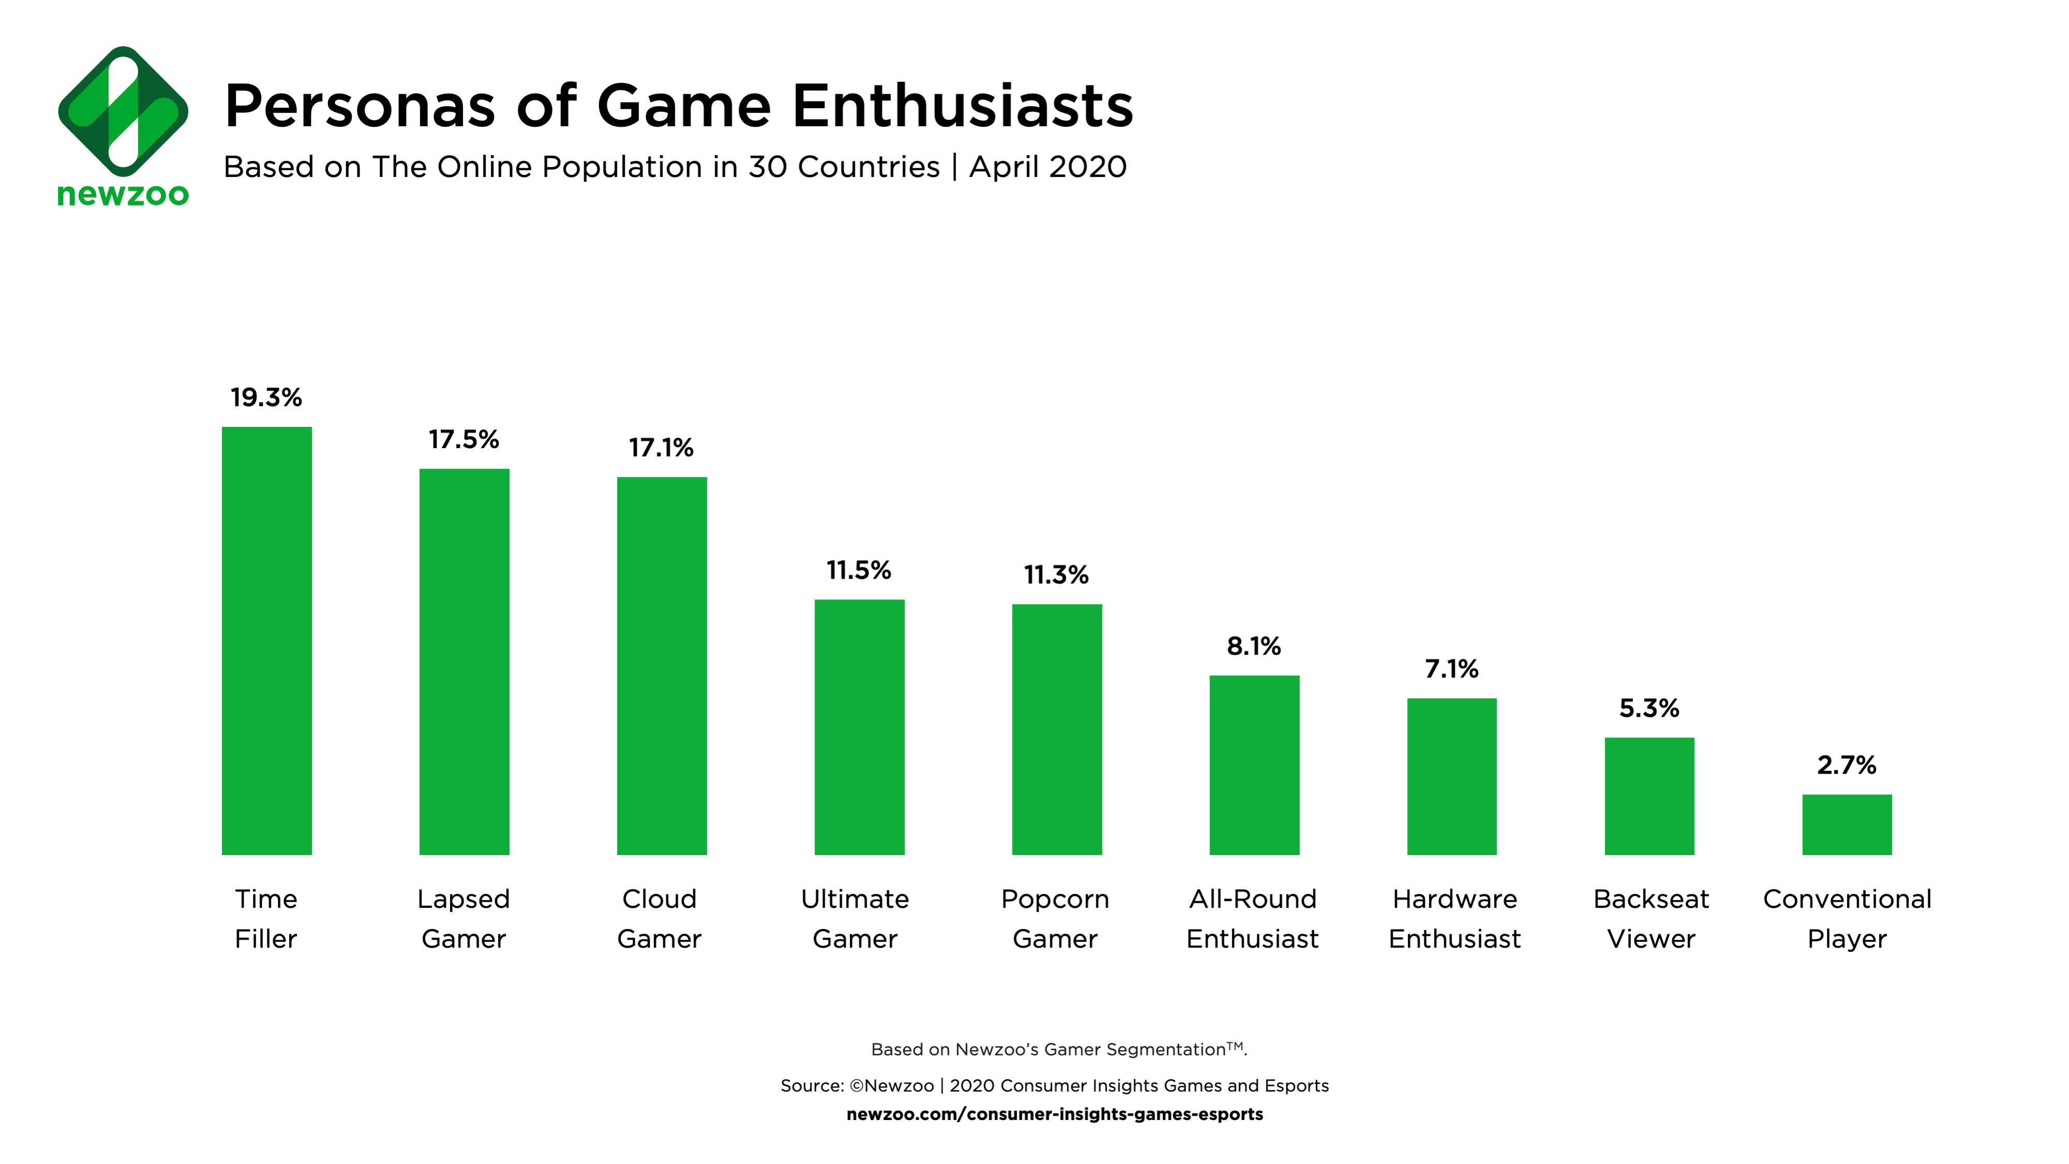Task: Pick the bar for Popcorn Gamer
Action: [1057, 729]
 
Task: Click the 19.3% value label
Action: [266, 397]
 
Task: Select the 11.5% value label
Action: [859, 570]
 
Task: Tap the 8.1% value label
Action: [1254, 646]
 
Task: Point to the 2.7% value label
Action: [1847, 765]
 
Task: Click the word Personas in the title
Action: [360, 107]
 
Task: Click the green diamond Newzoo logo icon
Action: [123, 112]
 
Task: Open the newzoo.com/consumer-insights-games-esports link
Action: [1054, 1114]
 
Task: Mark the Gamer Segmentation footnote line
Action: [1059, 1049]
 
